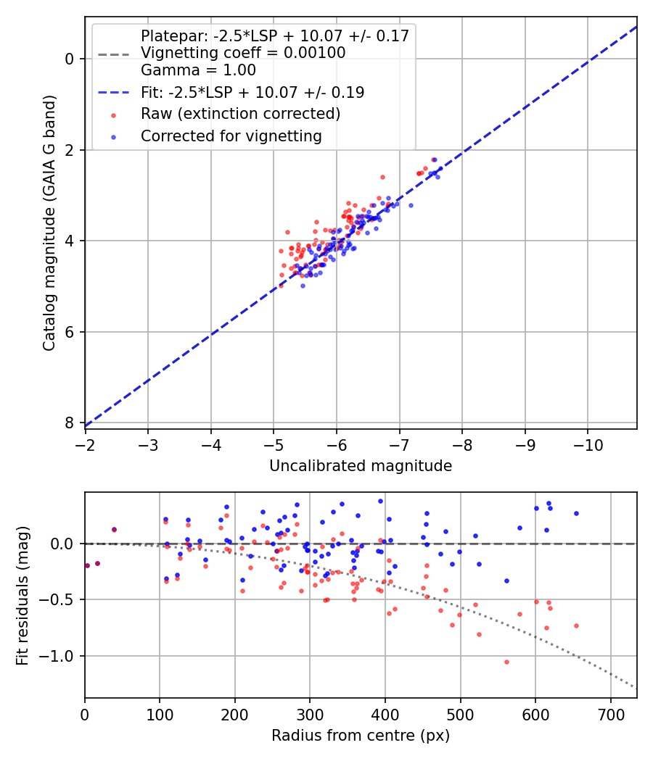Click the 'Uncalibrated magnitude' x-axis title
click(x=361, y=466)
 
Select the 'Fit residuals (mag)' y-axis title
click(x=22, y=594)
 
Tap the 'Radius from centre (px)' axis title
click(x=361, y=736)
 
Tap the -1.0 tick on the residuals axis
click(x=61, y=656)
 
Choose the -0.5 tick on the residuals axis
click(x=61, y=599)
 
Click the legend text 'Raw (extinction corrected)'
click(x=240, y=114)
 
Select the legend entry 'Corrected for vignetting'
click(x=231, y=136)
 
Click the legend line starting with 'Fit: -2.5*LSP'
click(x=252, y=92)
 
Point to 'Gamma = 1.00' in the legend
click(x=198, y=70)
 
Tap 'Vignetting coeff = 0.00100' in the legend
click(x=243, y=53)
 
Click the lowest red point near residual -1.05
click(x=506, y=662)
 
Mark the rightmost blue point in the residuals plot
click(x=576, y=513)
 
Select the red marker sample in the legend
click(x=112, y=115)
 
